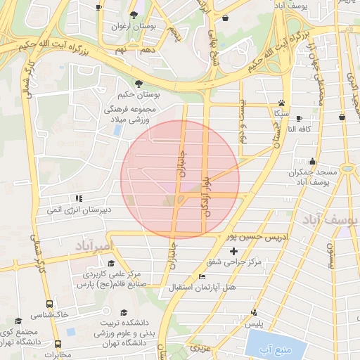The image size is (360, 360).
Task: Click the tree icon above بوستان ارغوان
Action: pos(134,15)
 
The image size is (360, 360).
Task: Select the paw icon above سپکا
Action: pos(281,103)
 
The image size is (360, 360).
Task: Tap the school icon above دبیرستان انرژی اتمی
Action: pos(79,199)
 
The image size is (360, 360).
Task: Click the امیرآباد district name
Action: pos(92,246)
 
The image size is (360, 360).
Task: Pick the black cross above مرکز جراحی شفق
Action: pos(234,251)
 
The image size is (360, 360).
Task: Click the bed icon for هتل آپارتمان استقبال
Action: pos(202,276)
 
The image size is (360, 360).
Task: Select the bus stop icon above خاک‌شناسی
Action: pos(49,304)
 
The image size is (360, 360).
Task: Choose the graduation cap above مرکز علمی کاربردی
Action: pos(112,263)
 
